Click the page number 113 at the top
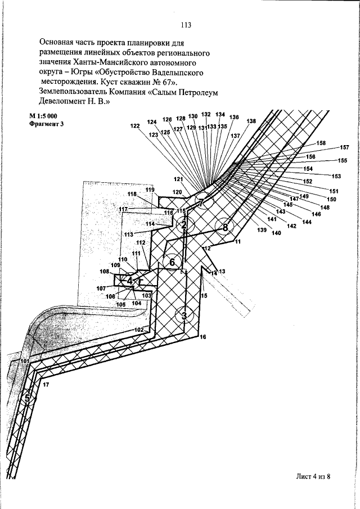(x=187, y=25)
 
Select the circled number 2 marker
(x=183, y=226)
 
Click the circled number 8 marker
(x=225, y=227)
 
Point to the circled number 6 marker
(x=172, y=262)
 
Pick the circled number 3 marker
(x=184, y=315)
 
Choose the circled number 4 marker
(x=130, y=280)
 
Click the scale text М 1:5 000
(x=44, y=115)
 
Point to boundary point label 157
(x=344, y=147)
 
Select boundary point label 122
(x=134, y=127)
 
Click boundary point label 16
(x=202, y=337)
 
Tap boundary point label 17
(x=46, y=384)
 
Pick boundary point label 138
(x=251, y=121)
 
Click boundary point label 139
(x=262, y=230)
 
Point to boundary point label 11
(x=237, y=242)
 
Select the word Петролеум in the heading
(x=198, y=93)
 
